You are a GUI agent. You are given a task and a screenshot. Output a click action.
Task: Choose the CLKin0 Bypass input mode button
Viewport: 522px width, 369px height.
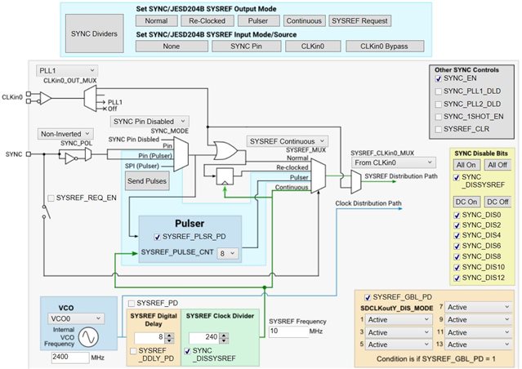click(382, 47)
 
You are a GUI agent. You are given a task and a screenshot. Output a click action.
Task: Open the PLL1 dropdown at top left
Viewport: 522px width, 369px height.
click(68, 72)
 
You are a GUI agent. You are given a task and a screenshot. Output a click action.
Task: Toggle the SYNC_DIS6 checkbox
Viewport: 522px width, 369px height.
click(460, 245)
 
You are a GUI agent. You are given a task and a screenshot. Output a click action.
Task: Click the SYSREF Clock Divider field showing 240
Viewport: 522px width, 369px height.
click(205, 336)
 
